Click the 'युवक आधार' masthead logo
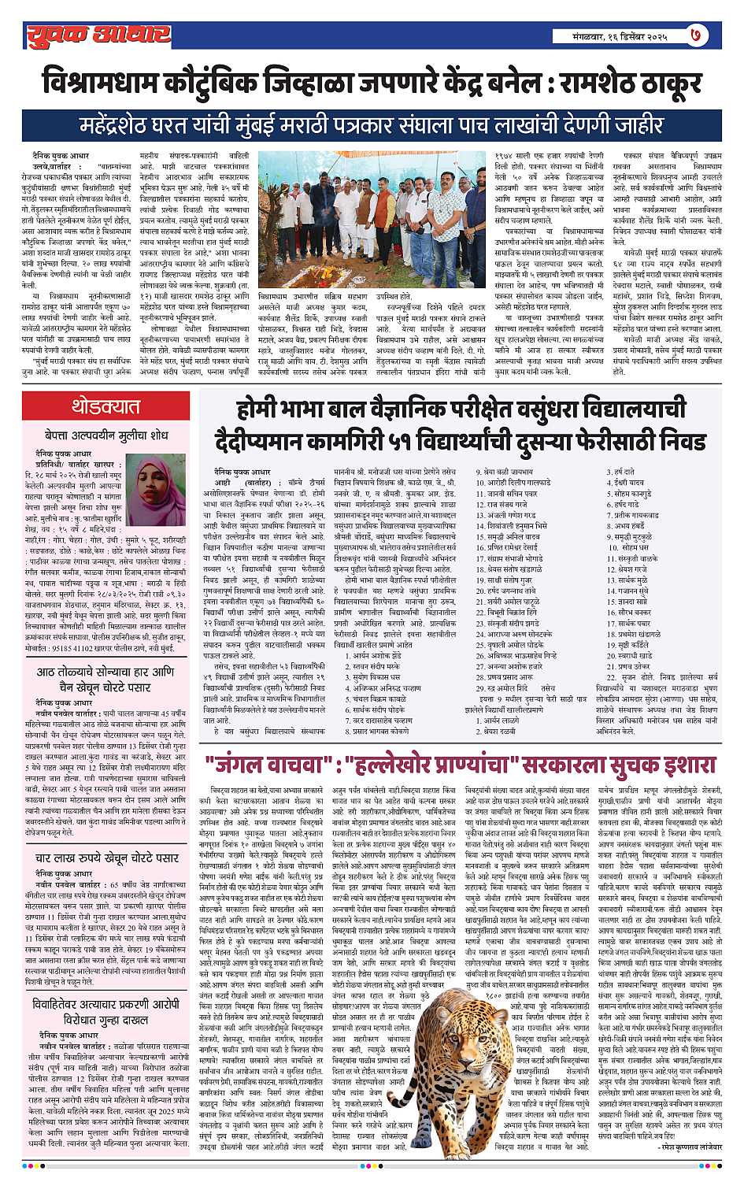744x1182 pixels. pyautogui.click(x=98, y=35)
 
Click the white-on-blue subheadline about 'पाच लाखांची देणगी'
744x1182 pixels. pyautogui.click(x=372, y=125)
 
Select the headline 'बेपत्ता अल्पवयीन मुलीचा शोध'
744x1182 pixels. pyautogui.click(x=106, y=434)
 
